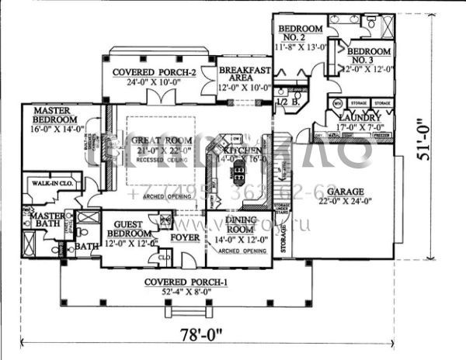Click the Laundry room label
pyautogui.click(x=356, y=117)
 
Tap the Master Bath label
pyautogui.click(x=47, y=220)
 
